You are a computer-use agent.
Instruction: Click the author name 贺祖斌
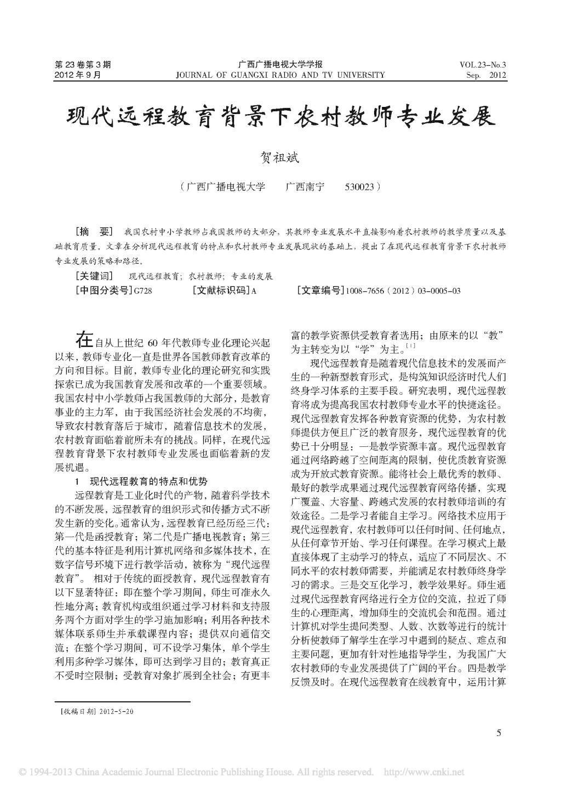pos(280,156)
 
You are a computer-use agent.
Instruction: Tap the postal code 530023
pos(359,187)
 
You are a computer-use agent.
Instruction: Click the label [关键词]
pos(94,276)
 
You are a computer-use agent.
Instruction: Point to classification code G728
pos(142,291)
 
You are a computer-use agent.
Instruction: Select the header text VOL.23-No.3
pos(483,64)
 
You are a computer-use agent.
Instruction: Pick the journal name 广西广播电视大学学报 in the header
pos(280,64)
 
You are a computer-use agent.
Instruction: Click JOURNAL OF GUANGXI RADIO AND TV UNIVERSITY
pos(280,75)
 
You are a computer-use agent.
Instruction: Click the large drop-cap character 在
pos(85,340)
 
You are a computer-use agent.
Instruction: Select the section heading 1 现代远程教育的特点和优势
pos(141,481)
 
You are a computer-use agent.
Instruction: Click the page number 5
pos(499,733)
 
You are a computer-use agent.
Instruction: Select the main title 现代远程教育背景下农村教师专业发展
pos(280,116)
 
